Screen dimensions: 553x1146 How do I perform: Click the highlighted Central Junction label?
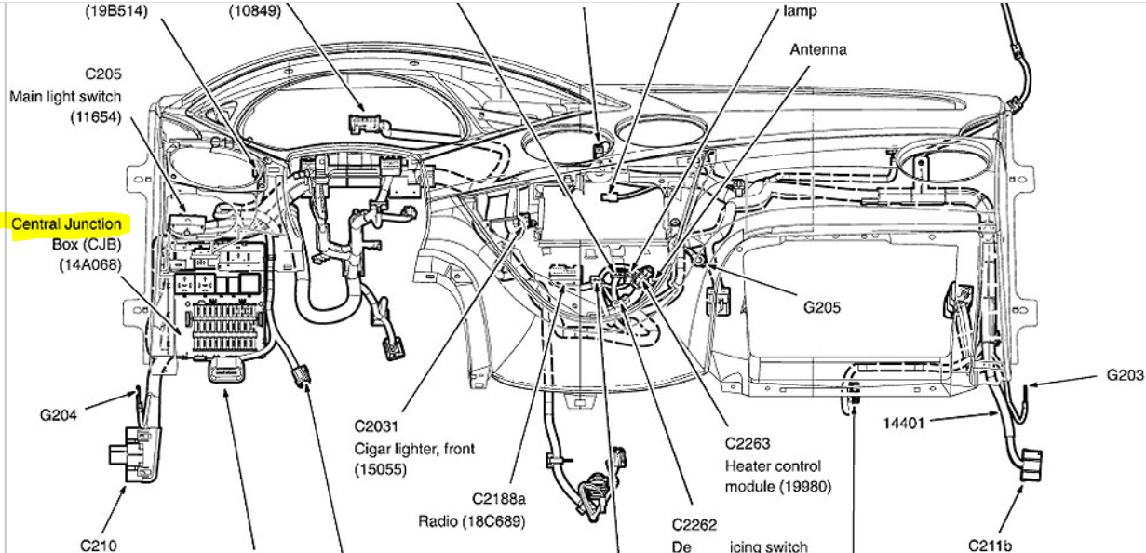(66, 224)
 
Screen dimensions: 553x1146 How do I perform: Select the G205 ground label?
(821, 306)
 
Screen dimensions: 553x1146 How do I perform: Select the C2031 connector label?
(376, 427)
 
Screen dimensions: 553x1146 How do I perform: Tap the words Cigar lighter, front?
(413, 449)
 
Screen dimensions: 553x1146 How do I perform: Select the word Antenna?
(818, 49)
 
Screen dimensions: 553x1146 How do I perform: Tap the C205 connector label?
(102, 74)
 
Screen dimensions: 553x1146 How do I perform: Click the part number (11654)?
(96, 117)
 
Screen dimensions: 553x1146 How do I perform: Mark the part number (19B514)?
(115, 10)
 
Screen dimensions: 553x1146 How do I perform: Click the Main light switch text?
(65, 96)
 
